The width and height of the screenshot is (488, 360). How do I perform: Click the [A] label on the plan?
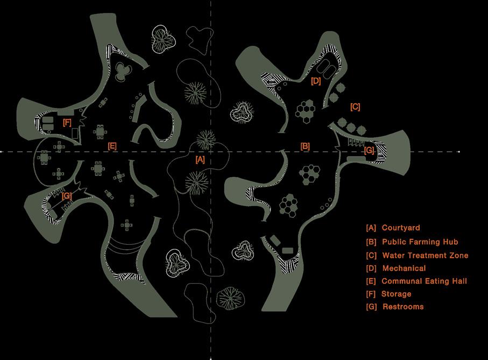click(200, 159)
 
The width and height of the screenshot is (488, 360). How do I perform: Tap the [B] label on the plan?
click(305, 146)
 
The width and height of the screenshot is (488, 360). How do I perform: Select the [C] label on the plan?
click(355, 107)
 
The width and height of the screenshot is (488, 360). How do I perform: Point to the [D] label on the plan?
click(316, 81)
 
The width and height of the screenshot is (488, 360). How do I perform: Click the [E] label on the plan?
click(112, 146)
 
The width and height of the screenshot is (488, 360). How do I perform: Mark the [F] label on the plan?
click(67, 123)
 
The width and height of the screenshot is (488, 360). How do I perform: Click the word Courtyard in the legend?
click(401, 228)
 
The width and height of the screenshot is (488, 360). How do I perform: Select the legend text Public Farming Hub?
click(420, 242)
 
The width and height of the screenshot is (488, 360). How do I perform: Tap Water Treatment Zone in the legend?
click(425, 256)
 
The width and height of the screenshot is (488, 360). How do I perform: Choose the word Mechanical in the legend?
click(404, 268)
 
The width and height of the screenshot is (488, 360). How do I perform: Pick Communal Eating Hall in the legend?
click(424, 281)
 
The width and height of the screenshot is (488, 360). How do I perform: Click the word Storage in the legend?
click(397, 294)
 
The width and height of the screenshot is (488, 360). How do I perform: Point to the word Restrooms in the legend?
click(403, 307)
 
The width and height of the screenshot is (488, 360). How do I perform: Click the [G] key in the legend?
click(371, 307)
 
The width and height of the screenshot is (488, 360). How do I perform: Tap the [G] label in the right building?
click(369, 151)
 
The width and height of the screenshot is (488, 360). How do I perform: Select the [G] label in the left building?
click(67, 196)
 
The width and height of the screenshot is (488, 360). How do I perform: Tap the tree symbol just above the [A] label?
click(205, 140)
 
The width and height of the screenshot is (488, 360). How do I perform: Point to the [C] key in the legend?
click(371, 256)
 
